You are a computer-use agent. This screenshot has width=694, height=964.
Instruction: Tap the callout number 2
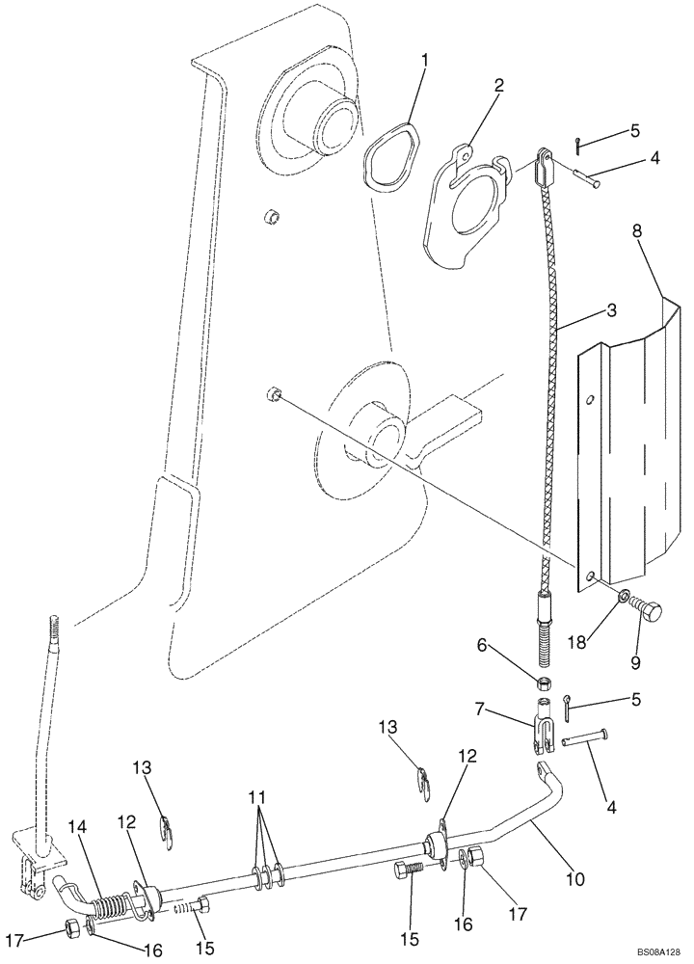click(x=498, y=85)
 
